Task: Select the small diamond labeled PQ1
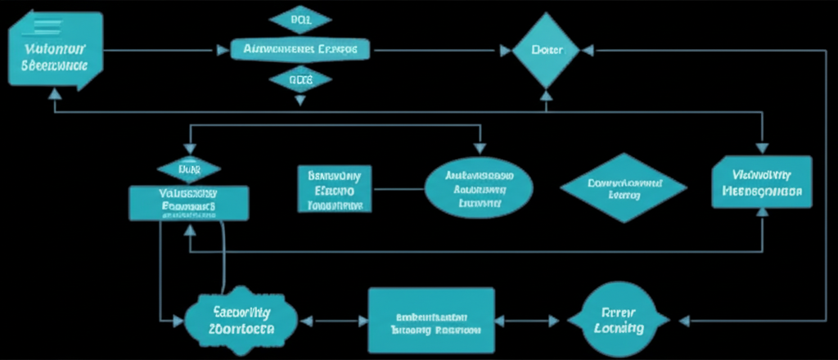(300, 20)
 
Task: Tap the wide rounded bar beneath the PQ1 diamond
(300, 50)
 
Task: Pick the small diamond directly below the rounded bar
(300, 79)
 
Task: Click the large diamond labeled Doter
(545, 51)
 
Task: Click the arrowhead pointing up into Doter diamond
(546, 95)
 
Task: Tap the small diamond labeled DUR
(190, 169)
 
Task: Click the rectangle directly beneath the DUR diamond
(188, 202)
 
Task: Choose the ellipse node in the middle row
(479, 187)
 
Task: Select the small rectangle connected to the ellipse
(335, 189)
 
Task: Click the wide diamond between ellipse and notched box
(623, 188)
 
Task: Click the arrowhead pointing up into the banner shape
(55, 94)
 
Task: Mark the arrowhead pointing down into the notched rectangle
(762, 148)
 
